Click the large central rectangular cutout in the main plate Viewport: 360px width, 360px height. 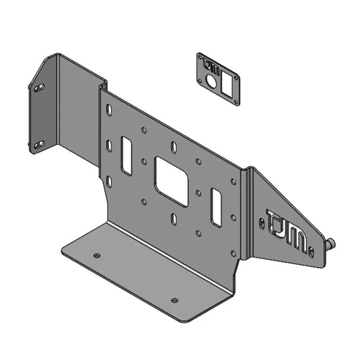(x=171, y=181)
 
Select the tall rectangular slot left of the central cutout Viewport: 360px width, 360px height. (x=126, y=155)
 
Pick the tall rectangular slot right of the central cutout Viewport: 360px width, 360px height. (x=216, y=207)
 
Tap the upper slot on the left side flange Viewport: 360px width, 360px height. (x=39, y=87)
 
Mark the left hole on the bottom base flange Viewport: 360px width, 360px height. (x=97, y=255)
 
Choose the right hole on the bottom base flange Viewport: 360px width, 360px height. (x=174, y=300)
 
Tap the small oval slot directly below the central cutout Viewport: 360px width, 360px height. (x=174, y=219)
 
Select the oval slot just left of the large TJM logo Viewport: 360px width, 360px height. (x=262, y=223)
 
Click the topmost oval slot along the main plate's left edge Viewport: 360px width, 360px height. (x=109, y=110)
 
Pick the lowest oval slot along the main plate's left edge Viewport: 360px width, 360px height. (x=109, y=181)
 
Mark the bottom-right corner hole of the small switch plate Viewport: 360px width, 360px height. (x=236, y=102)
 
